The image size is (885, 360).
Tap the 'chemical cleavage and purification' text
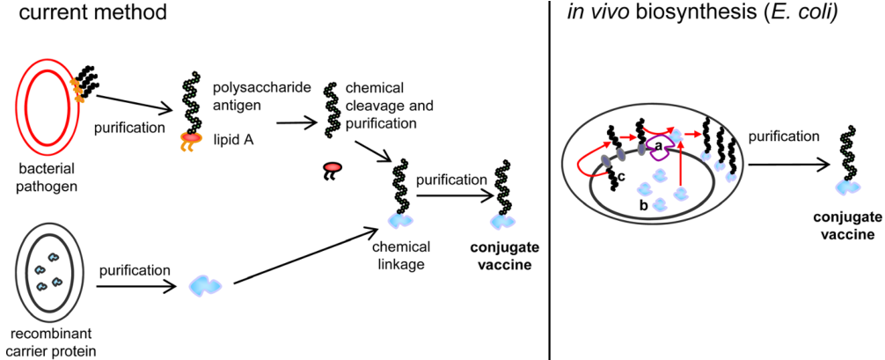pos(381,107)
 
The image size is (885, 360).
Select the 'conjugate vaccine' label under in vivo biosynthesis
pos(844,226)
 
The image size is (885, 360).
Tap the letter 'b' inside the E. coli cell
pos(644,204)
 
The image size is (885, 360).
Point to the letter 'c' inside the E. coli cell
pos(621,178)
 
